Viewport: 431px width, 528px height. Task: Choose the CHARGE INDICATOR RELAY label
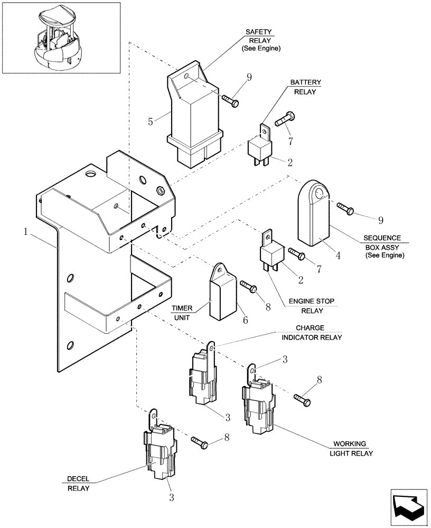point(311,332)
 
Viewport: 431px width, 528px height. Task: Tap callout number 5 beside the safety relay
point(151,122)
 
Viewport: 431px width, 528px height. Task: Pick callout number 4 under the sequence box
point(338,255)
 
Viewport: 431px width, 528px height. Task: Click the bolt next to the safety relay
point(231,98)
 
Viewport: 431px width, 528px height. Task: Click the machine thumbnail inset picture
point(61,37)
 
